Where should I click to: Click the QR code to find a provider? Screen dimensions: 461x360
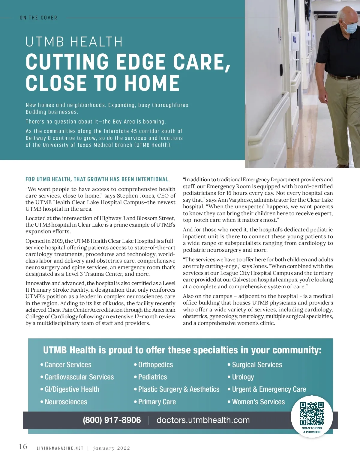click(312, 413)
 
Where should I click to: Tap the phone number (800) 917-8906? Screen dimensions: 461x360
click(112, 420)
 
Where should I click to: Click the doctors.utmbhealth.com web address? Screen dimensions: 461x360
click(203, 420)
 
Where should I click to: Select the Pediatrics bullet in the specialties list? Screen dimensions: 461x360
click(152, 377)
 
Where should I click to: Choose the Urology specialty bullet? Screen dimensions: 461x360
click(243, 377)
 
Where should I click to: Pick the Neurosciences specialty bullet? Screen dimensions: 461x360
click(66, 402)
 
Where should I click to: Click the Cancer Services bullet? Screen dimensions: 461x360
click(68, 365)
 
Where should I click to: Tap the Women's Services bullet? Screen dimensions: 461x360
click(258, 402)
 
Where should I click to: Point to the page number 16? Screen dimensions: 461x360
click(23, 447)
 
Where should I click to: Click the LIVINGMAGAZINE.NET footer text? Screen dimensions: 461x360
click(60, 448)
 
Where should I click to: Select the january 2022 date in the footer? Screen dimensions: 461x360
click(111, 448)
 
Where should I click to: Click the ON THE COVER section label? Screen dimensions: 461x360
click(38, 18)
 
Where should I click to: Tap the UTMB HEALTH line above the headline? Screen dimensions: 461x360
click(74, 42)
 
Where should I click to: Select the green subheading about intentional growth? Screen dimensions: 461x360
click(97, 180)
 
